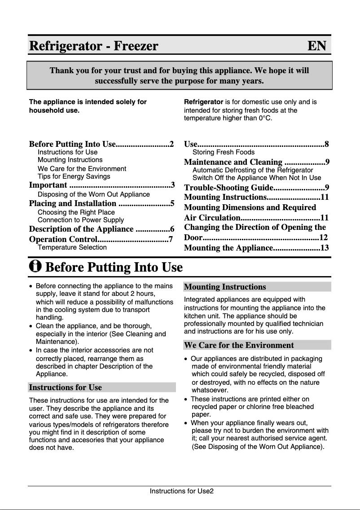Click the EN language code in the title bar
(x=317, y=46)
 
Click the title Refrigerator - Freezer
(x=94, y=46)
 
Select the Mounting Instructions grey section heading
(x=225, y=287)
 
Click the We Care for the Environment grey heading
(x=239, y=345)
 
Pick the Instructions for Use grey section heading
(x=65, y=387)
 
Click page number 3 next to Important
(x=172, y=185)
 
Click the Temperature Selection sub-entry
(x=72, y=247)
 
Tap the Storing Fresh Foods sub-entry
(x=223, y=152)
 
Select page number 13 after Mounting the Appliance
(x=325, y=248)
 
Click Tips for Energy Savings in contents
(x=74, y=176)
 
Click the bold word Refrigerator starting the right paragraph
(x=203, y=102)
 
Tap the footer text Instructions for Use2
(x=181, y=491)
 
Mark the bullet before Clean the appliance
(x=31, y=326)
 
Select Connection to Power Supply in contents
(x=81, y=220)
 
